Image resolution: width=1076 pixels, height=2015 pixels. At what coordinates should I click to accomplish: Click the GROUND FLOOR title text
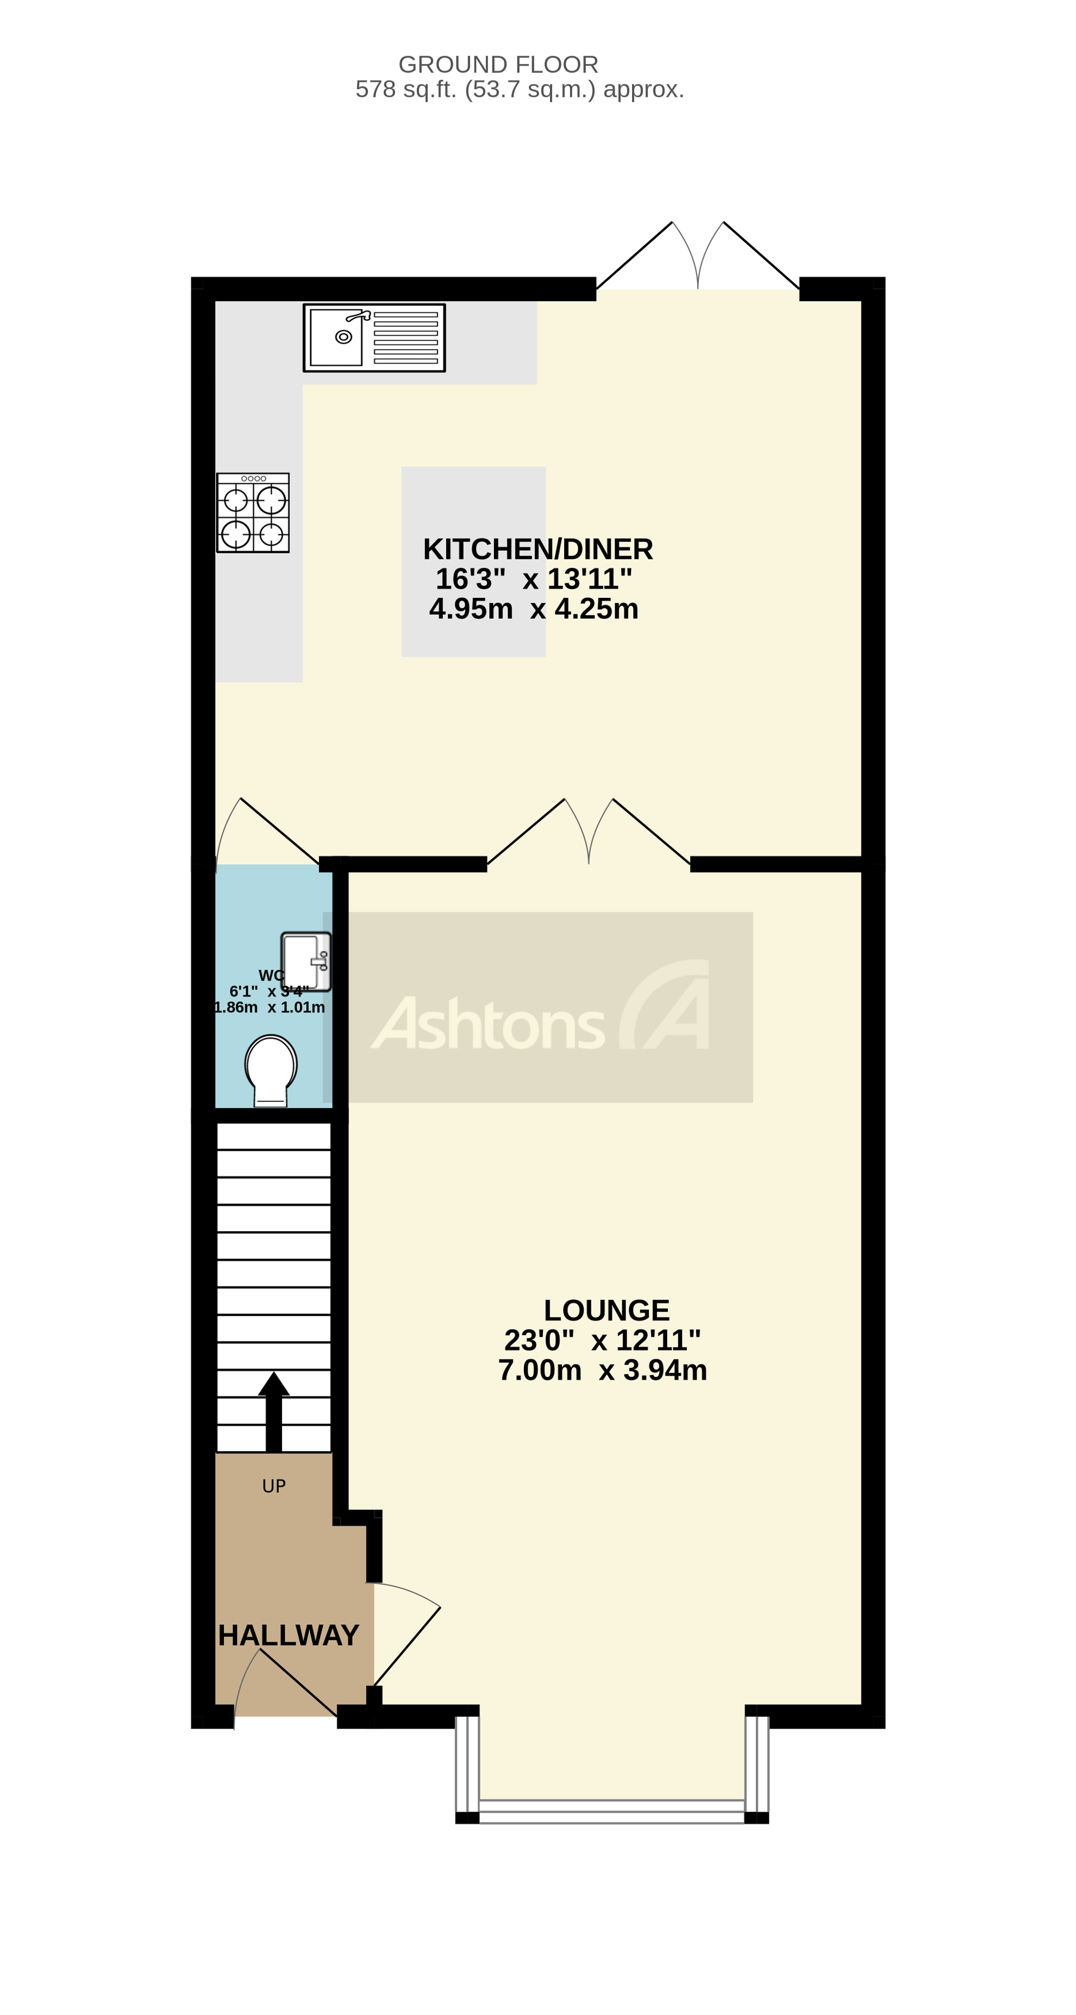pyautogui.click(x=498, y=64)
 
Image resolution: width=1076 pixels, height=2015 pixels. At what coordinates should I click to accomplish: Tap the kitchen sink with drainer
pyautogui.click(x=374, y=338)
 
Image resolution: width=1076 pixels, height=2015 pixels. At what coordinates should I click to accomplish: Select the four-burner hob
pyautogui.click(x=253, y=513)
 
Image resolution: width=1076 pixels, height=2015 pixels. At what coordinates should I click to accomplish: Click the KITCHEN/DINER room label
pyautogui.click(x=538, y=549)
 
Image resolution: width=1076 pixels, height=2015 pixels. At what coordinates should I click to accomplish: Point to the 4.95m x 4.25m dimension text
pyautogui.click(x=534, y=609)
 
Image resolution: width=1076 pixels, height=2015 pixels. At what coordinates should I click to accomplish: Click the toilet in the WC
pyautogui.click(x=271, y=1069)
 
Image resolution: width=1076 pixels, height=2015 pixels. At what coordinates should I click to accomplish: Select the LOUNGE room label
pyautogui.click(x=607, y=1310)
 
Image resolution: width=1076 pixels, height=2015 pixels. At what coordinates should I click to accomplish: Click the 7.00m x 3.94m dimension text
pyautogui.click(x=603, y=1370)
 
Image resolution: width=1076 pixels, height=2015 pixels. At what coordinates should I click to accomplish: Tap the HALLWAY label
pyautogui.click(x=289, y=1635)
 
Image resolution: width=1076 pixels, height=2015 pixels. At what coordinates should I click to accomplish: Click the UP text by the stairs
pyautogui.click(x=274, y=1486)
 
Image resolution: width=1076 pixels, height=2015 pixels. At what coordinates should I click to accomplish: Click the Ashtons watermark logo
pyautogui.click(x=540, y=1008)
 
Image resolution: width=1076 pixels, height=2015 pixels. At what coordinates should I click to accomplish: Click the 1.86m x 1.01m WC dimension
pyautogui.click(x=270, y=1008)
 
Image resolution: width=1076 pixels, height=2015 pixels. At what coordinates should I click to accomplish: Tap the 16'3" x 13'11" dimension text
pyautogui.click(x=534, y=579)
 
